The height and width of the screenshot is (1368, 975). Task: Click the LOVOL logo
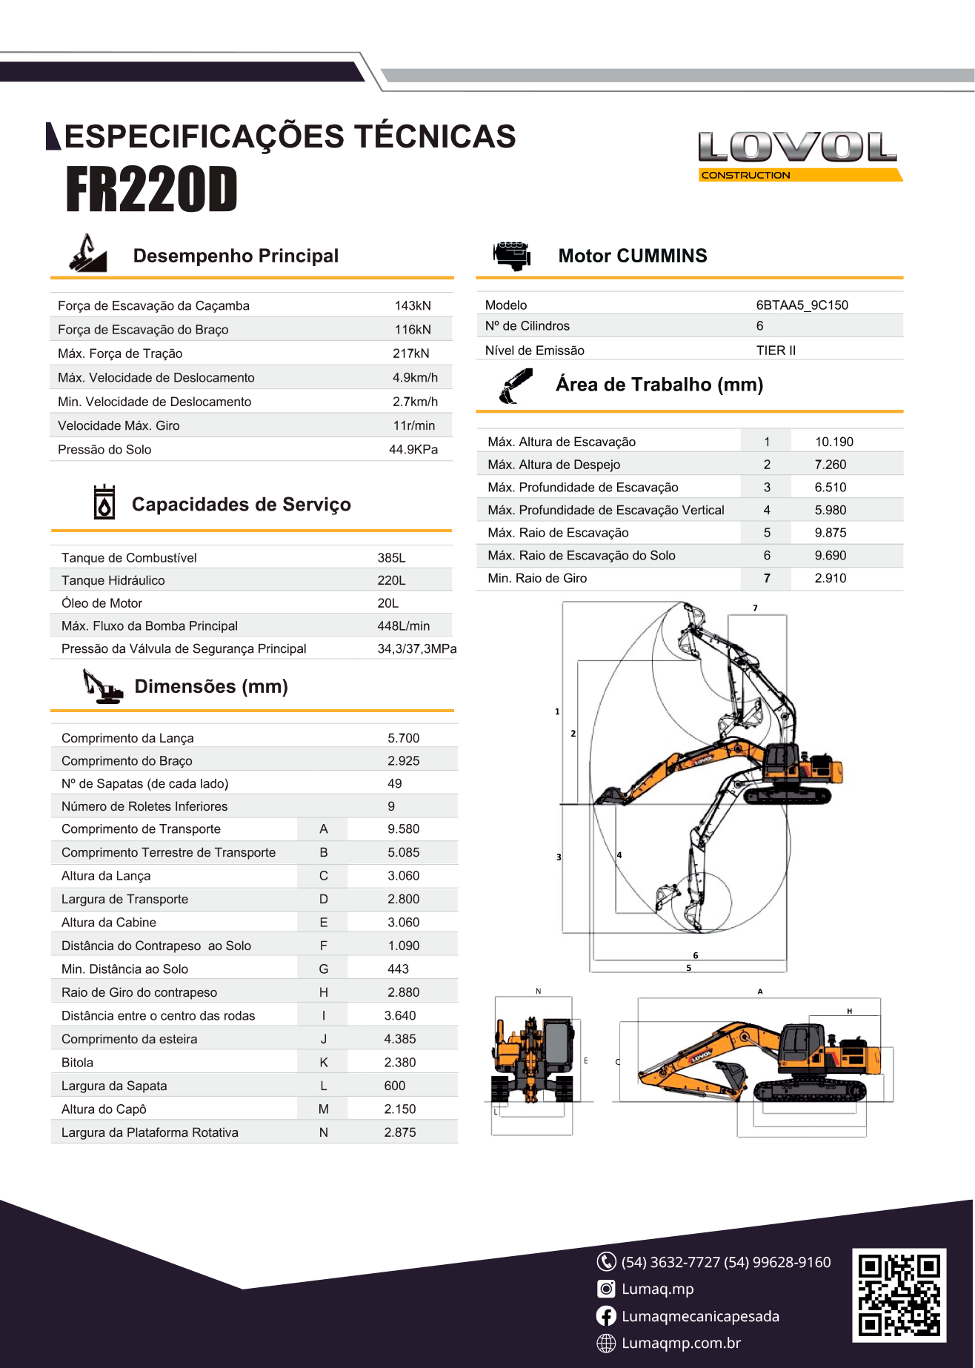pos(799,155)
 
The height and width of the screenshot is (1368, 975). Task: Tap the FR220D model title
pos(152,190)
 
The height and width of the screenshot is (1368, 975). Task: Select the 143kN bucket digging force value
pos(413,305)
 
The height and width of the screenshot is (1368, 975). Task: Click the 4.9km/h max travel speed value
pos(415,377)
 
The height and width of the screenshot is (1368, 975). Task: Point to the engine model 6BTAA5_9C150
pos(802,305)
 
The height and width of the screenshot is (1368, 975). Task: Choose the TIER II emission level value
pos(776,350)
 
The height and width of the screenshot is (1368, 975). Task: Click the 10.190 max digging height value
pos(833,442)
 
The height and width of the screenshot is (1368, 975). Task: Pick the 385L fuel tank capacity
pos(391,557)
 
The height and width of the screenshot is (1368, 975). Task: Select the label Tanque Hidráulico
pos(113,580)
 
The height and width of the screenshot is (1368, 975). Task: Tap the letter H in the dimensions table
pos(324,992)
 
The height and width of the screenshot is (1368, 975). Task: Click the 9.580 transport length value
pos(403,829)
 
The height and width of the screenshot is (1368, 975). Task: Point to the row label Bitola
pos(78,1062)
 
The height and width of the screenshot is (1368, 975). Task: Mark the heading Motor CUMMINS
pos(632,256)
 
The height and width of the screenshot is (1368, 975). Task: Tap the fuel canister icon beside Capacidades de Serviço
pos(104,502)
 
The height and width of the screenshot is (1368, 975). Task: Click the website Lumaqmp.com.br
pos(681,1343)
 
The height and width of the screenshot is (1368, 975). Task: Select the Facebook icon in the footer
pos(606,1315)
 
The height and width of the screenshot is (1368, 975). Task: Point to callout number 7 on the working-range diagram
pos(755,608)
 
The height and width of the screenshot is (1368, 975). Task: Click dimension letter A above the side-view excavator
pos(759,991)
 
